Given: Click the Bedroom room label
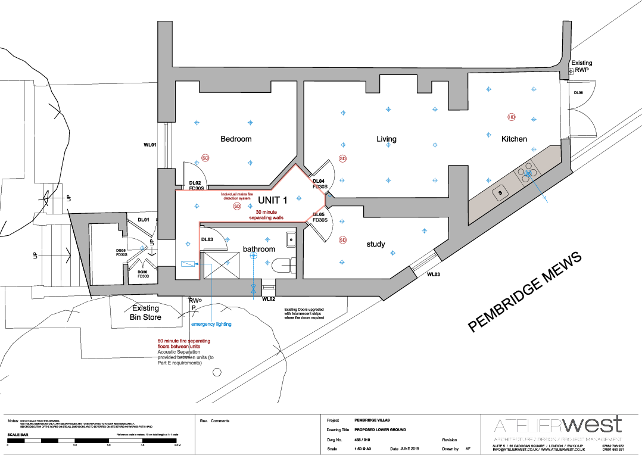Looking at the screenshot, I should [236, 139].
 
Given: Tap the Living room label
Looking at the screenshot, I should [386, 139].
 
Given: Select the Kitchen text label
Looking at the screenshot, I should [514, 139].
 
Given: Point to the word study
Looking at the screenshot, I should [376, 244].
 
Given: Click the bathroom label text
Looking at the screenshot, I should [258, 248].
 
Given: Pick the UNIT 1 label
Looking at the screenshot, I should [273, 200].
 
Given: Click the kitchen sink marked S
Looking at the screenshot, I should [500, 193].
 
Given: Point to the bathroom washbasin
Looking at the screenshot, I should [290, 239].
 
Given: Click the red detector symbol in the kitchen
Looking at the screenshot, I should [511, 117].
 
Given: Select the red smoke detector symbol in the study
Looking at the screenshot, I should [342, 240].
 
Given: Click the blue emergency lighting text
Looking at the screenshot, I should [211, 325].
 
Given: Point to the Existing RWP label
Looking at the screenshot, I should [581, 66].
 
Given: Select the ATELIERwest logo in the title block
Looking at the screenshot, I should [557, 425].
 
